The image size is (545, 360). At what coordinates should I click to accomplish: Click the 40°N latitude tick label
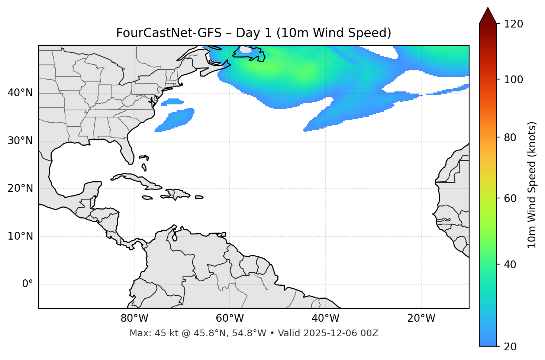click(20, 93)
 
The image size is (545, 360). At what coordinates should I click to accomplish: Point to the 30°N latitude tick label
click(20, 141)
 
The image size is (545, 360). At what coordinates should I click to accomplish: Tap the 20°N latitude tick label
click(20, 188)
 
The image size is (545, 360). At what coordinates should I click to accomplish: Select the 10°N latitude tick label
click(20, 236)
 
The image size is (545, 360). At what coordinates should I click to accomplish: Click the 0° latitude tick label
click(28, 284)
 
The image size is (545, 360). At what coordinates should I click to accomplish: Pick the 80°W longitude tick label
click(134, 318)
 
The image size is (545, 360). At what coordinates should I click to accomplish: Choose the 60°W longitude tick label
click(230, 318)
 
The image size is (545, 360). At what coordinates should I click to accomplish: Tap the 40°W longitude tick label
click(325, 318)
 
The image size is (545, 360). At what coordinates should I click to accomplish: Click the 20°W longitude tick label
click(421, 318)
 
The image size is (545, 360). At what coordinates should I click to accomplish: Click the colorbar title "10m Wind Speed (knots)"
click(532, 185)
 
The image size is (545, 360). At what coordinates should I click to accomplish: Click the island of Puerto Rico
click(199, 197)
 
